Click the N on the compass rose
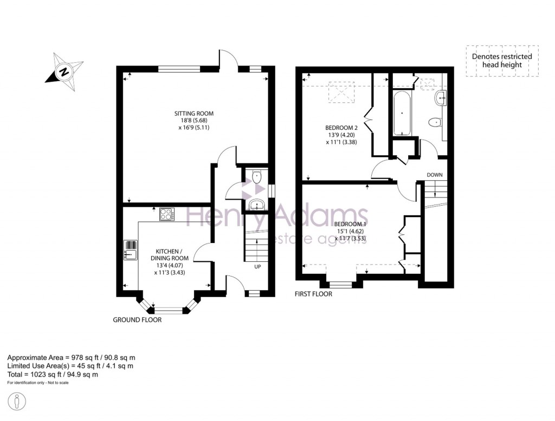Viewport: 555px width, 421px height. click(x=64, y=72)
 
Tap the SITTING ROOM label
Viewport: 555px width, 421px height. click(x=194, y=114)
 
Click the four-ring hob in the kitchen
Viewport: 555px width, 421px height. click(x=167, y=214)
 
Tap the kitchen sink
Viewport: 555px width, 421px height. click(x=131, y=250)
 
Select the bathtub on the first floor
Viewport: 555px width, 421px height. click(x=402, y=113)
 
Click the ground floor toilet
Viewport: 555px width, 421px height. click(x=256, y=176)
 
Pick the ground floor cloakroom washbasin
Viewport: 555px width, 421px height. click(x=256, y=205)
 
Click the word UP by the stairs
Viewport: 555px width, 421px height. click(x=257, y=267)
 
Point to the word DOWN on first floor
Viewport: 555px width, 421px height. click(x=435, y=175)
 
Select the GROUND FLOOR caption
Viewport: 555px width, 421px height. click(x=137, y=320)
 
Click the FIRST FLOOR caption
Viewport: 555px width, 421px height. click(x=314, y=294)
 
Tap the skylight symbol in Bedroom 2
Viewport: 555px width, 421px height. click(x=341, y=92)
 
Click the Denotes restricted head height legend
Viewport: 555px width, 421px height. click(x=502, y=61)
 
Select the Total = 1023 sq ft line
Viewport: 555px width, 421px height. click(x=53, y=374)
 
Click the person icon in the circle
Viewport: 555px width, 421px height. click(x=17, y=402)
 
